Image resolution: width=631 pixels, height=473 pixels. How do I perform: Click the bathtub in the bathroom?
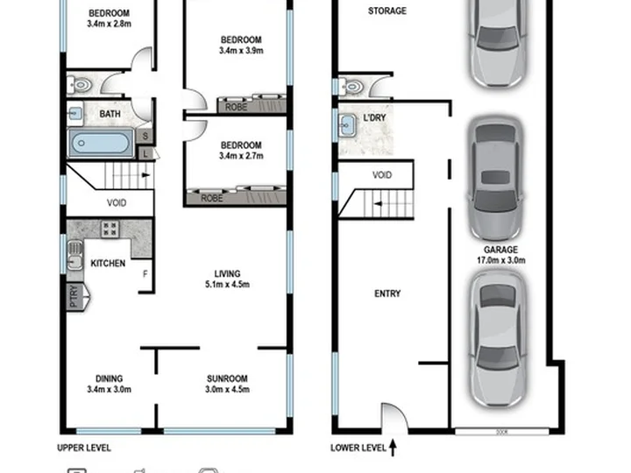click(101, 143)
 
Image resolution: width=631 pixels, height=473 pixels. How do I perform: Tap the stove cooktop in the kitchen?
click(110, 229)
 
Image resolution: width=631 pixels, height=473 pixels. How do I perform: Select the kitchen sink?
click(74, 255)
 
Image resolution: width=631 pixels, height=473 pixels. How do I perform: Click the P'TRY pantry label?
click(74, 296)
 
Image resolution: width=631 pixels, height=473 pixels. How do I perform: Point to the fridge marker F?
click(145, 274)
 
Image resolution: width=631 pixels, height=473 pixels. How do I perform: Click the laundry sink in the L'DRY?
click(347, 125)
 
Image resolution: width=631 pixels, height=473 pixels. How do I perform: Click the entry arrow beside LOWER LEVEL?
click(393, 448)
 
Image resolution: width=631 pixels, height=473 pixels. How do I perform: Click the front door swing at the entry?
click(394, 417)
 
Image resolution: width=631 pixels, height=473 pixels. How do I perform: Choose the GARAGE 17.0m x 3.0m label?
click(501, 255)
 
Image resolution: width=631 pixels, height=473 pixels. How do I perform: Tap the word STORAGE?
click(387, 11)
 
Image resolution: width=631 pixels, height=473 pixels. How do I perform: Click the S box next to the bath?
click(145, 137)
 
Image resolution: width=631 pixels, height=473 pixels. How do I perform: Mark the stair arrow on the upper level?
click(145, 175)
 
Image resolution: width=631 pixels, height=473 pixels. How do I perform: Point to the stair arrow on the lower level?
click(378, 204)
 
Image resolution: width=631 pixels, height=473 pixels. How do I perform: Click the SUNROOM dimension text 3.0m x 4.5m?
click(227, 389)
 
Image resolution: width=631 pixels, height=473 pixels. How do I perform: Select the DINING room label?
click(109, 378)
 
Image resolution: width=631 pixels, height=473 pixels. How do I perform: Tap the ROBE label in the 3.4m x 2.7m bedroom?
click(212, 198)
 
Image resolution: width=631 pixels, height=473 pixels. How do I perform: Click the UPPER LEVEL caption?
click(84, 448)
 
